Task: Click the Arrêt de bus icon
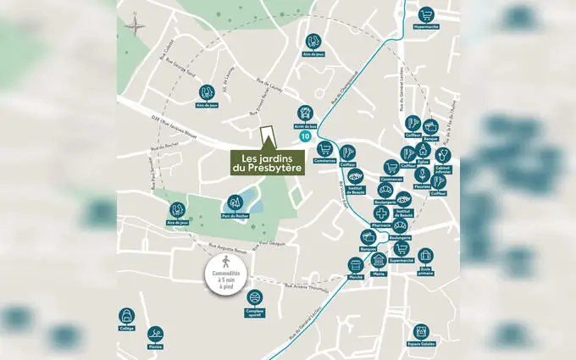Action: click(305, 114)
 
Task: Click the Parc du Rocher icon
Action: click(234, 202)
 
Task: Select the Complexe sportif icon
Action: click(255, 298)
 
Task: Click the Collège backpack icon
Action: click(126, 316)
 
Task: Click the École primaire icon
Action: click(425, 255)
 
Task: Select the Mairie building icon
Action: click(379, 260)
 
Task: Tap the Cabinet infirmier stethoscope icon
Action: click(443, 156)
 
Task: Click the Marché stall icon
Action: click(356, 265)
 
